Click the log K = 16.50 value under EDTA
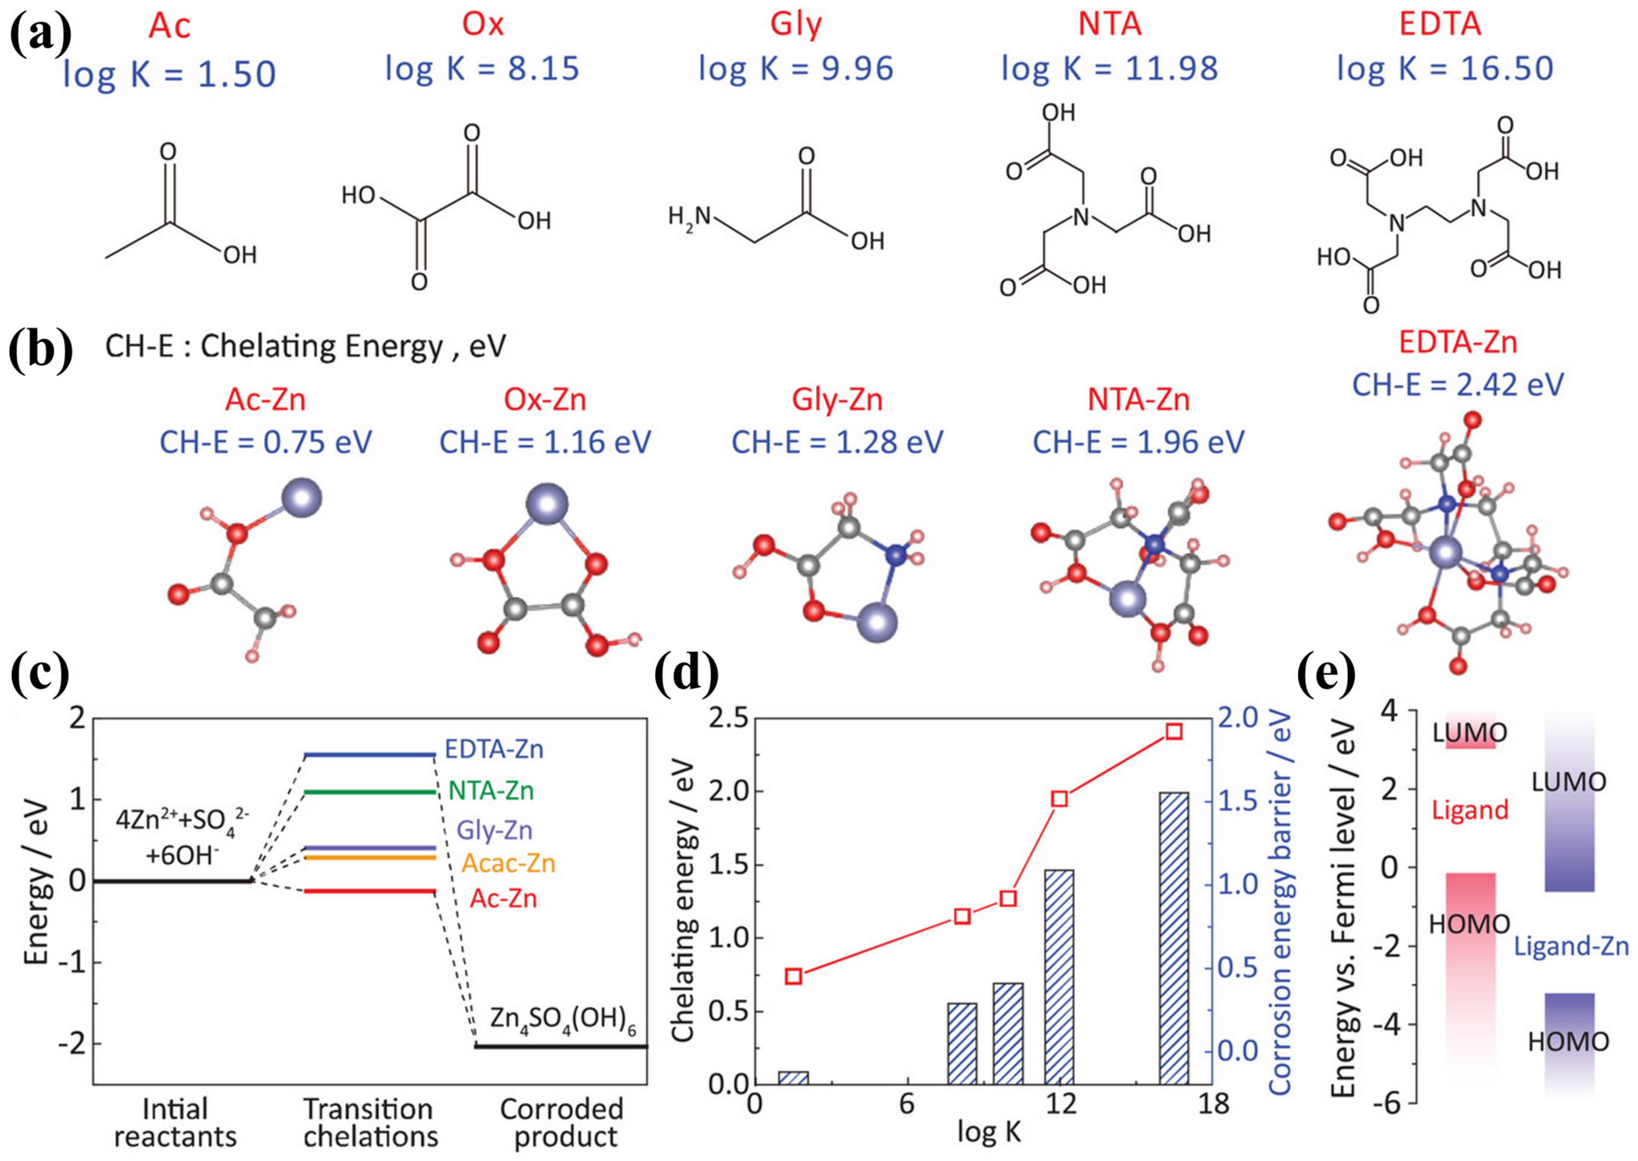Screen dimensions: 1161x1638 (x=1445, y=69)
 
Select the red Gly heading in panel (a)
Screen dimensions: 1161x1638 (x=795, y=24)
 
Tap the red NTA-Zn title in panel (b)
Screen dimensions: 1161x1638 (x=1138, y=399)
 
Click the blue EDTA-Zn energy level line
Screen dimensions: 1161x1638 (x=369, y=754)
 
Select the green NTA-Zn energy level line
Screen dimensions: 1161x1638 (x=369, y=792)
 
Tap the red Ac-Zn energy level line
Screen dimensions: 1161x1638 (x=369, y=891)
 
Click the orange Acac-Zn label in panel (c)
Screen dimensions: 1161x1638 (x=508, y=864)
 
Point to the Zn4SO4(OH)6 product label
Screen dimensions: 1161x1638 (x=562, y=1019)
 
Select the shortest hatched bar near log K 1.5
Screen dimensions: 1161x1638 (x=793, y=1077)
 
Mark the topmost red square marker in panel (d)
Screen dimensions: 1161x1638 (x=1173, y=731)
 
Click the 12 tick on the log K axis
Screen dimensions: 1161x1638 (x=1060, y=1104)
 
